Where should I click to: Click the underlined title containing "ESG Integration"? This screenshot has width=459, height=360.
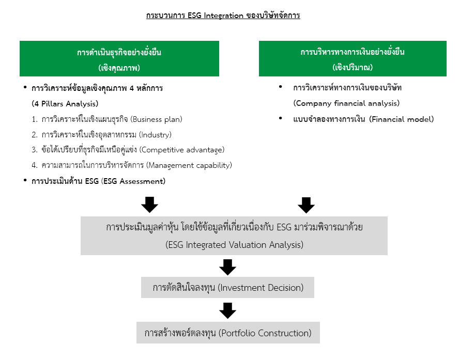(x=223, y=15)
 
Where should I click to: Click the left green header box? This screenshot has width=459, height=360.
(x=119, y=58)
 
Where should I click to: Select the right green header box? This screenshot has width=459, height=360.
(x=353, y=58)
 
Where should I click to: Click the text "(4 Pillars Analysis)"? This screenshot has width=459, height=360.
(x=65, y=104)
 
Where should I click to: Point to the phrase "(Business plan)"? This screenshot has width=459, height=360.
(x=156, y=119)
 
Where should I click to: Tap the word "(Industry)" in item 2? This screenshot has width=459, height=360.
(x=155, y=135)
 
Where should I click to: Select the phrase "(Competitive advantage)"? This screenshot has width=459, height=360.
(x=182, y=150)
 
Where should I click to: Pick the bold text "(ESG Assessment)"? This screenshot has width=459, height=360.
(x=133, y=181)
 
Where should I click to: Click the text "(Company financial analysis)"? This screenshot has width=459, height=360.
(x=346, y=103)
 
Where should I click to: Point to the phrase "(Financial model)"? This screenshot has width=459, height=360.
(x=401, y=119)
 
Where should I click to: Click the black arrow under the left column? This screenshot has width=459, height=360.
(x=149, y=205)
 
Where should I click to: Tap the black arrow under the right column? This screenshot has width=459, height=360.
(x=306, y=205)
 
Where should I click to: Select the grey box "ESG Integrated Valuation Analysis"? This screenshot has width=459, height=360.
(x=234, y=236)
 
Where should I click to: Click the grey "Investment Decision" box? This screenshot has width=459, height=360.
(x=227, y=288)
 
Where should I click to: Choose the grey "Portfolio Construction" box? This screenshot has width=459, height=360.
(x=228, y=333)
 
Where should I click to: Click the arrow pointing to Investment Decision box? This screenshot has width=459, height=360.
(x=228, y=267)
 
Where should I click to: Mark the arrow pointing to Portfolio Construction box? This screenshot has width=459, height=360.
(x=228, y=310)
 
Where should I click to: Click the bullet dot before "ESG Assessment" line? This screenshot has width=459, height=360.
(x=25, y=180)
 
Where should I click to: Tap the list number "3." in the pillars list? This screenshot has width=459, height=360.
(x=35, y=150)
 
